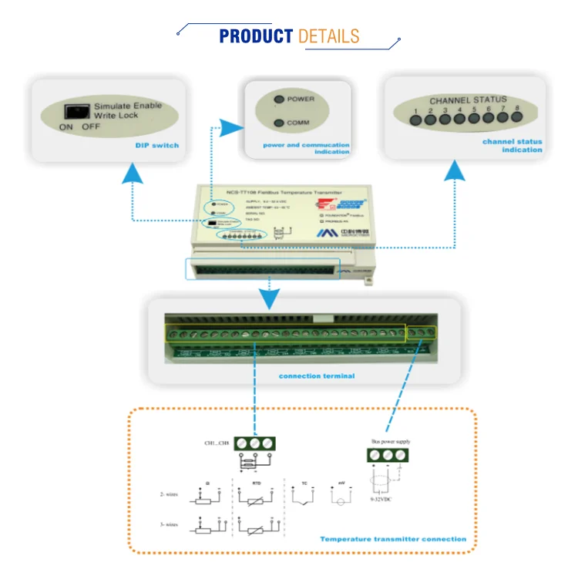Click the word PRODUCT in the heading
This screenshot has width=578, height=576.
(256, 36)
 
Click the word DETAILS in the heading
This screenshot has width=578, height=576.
(328, 36)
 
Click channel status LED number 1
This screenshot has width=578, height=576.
(415, 120)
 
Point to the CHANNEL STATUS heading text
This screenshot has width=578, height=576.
(469, 100)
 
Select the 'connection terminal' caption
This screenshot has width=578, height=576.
(317, 376)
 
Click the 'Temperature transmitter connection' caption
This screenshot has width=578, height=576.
(393, 539)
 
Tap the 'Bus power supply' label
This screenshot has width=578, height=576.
(391, 442)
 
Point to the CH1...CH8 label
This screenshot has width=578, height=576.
(217, 443)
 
